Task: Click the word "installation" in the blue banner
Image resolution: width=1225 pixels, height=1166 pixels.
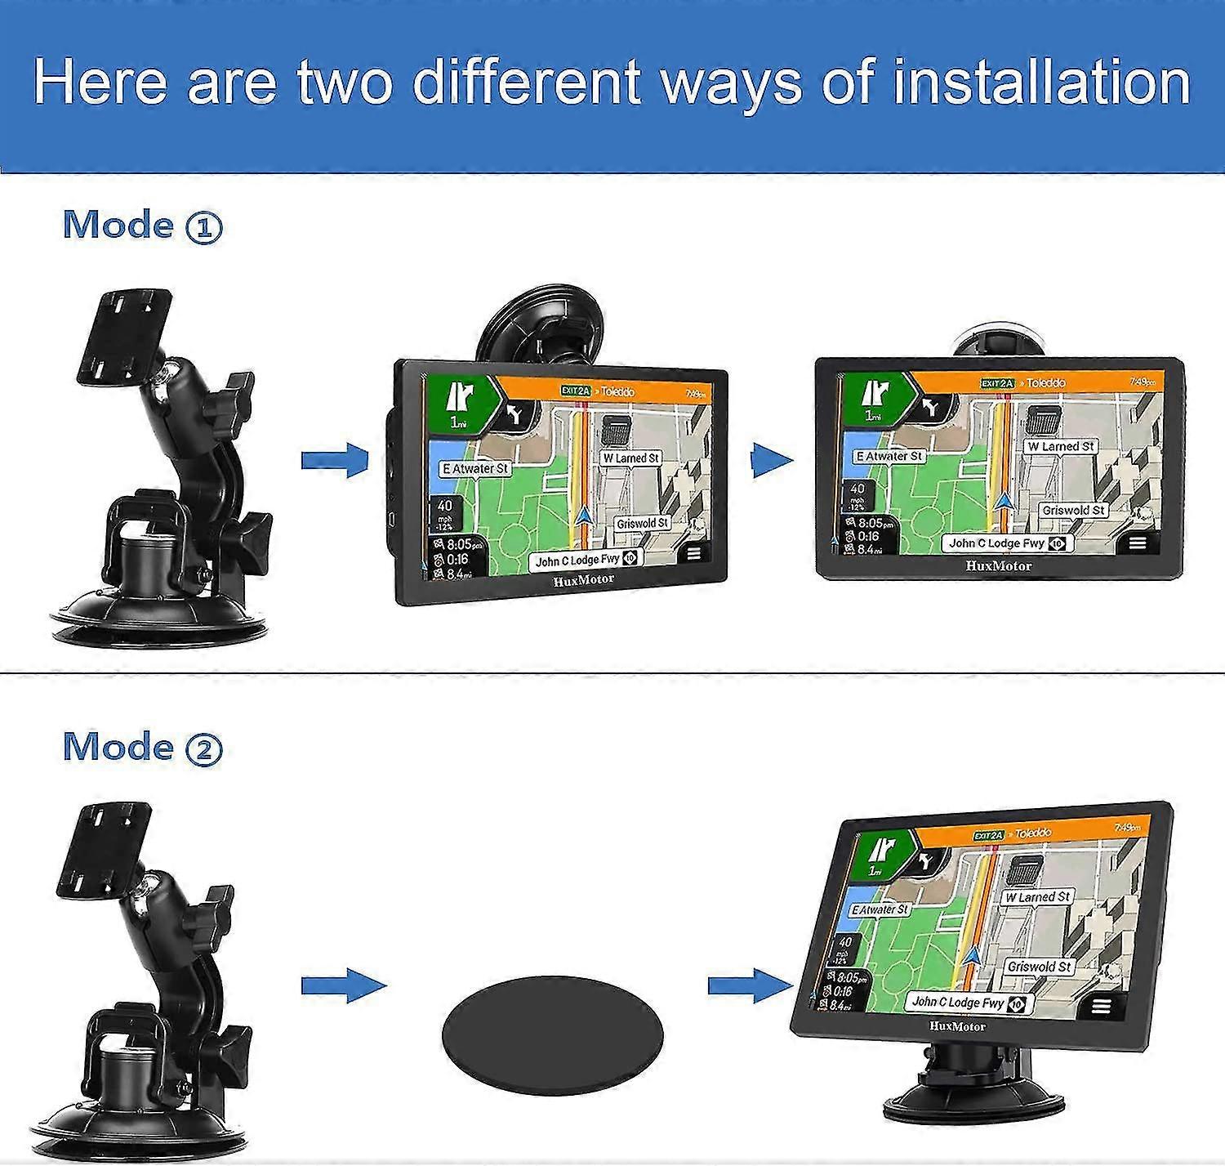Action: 1041,83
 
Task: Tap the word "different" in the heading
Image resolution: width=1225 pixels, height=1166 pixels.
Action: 526,83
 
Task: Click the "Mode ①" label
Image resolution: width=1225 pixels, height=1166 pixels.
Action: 142,226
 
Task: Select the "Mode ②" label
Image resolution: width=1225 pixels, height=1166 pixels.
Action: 142,747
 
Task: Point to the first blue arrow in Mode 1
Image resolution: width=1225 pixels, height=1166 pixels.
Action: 335,460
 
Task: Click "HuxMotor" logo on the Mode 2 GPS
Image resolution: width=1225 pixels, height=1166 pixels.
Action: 957,1026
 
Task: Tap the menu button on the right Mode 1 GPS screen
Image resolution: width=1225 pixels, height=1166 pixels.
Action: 1138,543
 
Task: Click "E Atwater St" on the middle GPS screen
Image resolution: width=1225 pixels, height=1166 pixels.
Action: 474,469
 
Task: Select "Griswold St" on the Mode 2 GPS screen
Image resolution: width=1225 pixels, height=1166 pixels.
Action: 1039,967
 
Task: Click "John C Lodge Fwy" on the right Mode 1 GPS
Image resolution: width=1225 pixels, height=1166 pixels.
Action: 996,543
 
